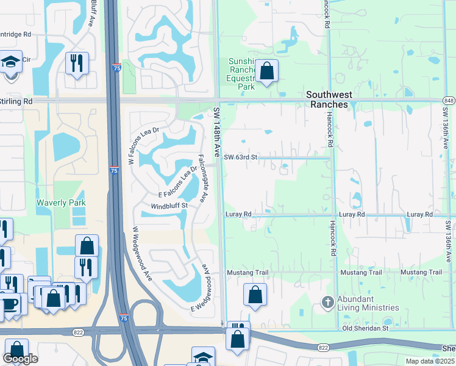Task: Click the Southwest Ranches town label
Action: coord(327,99)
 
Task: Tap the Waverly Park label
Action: coord(61,203)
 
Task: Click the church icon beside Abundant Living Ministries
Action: coord(327,301)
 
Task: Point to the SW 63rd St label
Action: coord(241,157)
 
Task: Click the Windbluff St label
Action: coord(168,206)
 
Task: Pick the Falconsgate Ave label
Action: coord(205,178)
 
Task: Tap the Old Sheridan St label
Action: coord(366,328)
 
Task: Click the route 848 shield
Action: coord(449,101)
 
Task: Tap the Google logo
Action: coord(20,359)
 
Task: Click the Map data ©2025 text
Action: coord(430,361)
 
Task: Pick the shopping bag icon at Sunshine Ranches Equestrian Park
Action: coord(266,71)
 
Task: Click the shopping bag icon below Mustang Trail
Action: coord(255,295)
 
